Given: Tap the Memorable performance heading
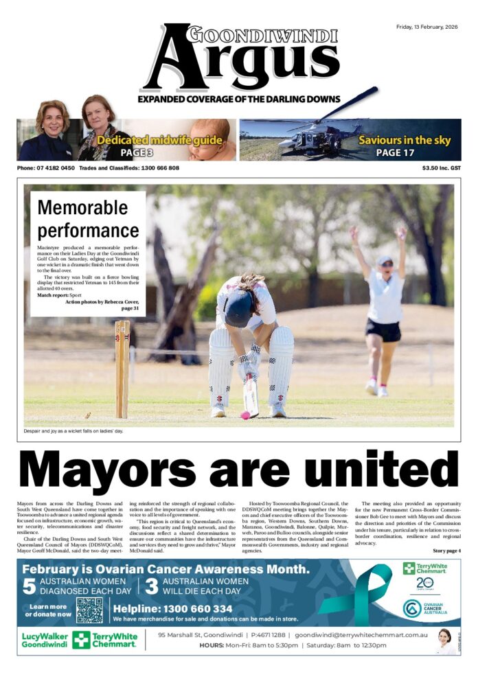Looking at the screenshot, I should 88,218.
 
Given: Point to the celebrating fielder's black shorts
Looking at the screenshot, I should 383,330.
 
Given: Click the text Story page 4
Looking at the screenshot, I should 446,551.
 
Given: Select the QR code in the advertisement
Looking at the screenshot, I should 90,610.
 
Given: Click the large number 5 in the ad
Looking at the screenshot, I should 29,586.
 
